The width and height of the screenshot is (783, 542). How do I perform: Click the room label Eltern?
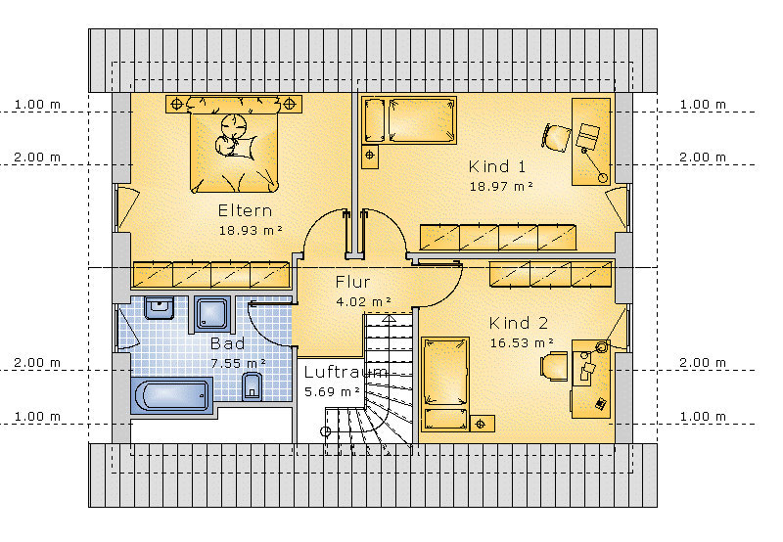tap(246, 210)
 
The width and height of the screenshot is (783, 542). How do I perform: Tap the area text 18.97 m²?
tap(501, 186)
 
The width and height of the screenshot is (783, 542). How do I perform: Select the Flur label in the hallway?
tap(352, 282)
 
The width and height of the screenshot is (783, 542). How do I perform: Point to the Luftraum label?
tap(345, 372)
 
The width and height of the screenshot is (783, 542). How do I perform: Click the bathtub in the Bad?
tap(172, 396)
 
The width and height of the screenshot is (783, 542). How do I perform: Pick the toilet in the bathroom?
tap(253, 386)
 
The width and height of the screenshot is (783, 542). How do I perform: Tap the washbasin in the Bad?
tap(160, 307)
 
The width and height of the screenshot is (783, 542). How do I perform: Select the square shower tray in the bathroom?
tap(212, 314)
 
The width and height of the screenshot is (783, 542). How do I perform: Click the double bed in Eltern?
tap(234, 145)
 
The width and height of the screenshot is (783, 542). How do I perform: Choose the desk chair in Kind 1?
tap(556, 138)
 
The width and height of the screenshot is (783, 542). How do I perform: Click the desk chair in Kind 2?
tap(554, 366)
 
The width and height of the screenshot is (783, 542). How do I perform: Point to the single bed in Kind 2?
tap(445, 384)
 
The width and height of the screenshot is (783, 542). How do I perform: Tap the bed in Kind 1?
tap(409, 120)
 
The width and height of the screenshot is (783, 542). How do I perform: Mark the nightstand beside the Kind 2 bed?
tap(482, 424)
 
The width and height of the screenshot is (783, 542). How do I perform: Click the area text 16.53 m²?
tap(522, 342)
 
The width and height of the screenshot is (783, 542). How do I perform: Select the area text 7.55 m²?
tap(238, 363)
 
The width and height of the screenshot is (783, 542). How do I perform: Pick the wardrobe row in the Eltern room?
tap(211, 275)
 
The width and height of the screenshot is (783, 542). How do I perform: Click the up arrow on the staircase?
tap(389, 318)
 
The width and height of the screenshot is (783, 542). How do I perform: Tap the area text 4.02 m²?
tap(363, 301)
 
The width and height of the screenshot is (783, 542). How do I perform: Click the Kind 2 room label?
tap(519, 323)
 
